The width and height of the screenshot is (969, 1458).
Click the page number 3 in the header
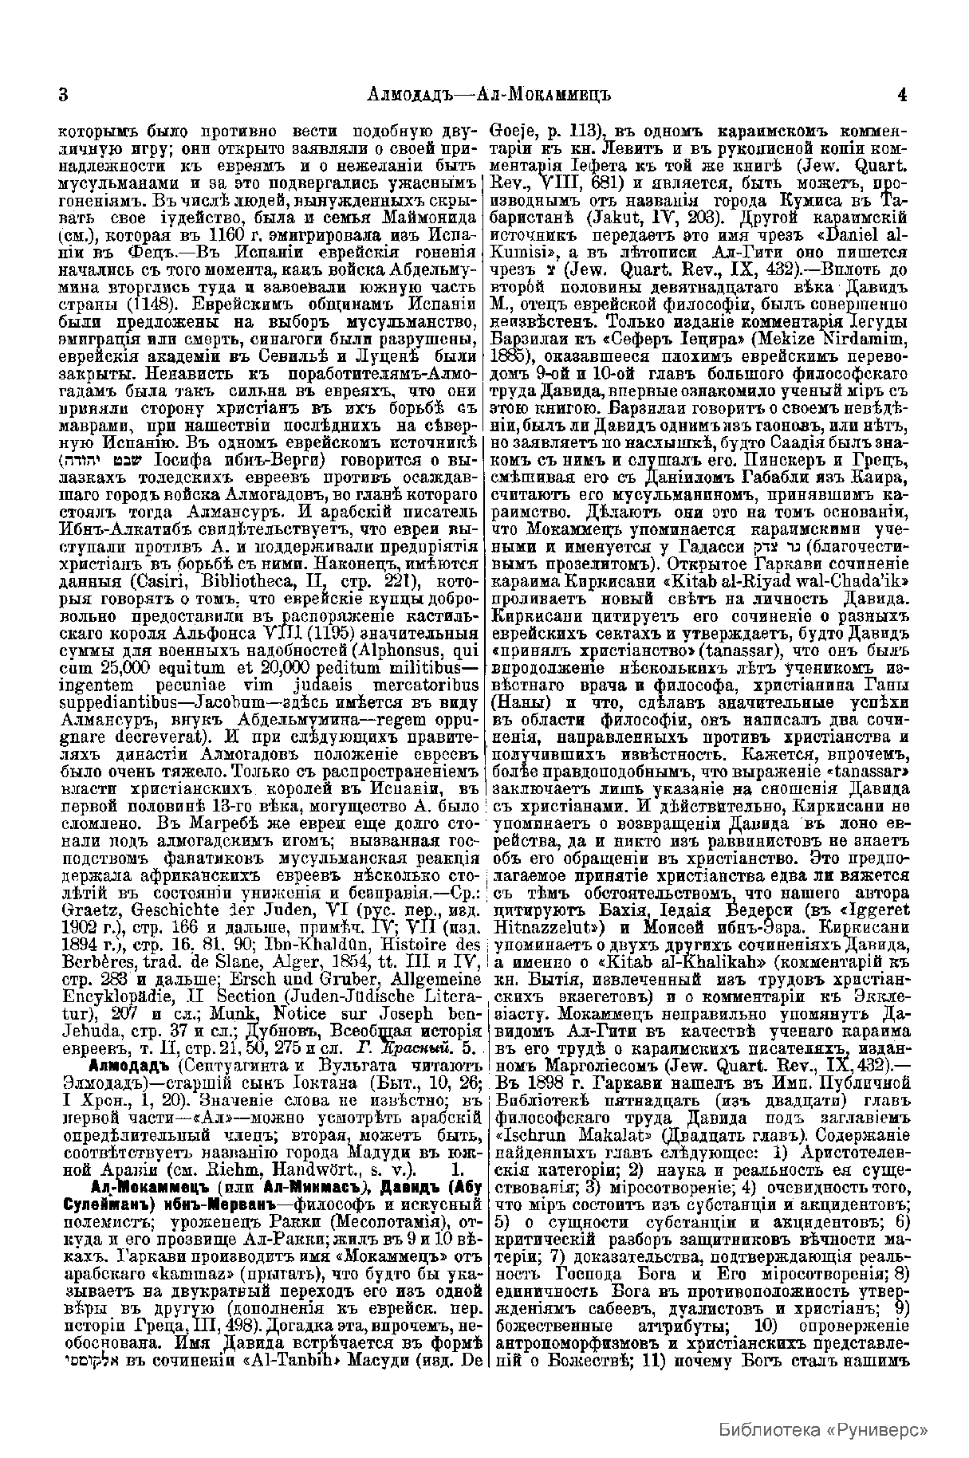coord(63,95)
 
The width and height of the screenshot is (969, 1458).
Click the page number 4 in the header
coord(902,95)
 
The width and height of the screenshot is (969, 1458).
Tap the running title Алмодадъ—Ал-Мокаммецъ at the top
coord(483,95)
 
